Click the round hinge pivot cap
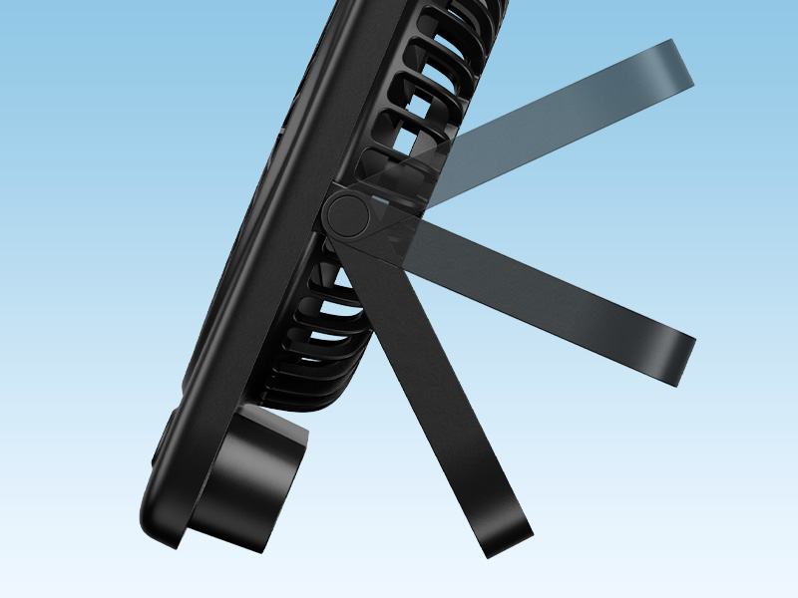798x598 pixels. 347,214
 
